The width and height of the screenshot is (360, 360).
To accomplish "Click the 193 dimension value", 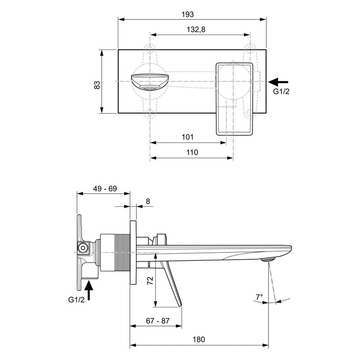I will pyautogui.click(x=187, y=14).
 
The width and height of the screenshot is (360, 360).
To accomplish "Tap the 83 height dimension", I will pyautogui.click(x=97, y=84).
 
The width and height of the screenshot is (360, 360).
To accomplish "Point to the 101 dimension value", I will pyautogui.click(x=187, y=137).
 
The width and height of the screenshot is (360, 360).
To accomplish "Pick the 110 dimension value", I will pyautogui.click(x=192, y=152).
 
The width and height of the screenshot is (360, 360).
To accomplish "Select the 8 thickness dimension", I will pyautogui.click(x=148, y=202).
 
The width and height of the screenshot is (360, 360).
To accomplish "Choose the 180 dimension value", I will pyautogui.click(x=199, y=339).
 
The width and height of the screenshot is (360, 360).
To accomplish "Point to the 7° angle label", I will pyautogui.click(x=259, y=296).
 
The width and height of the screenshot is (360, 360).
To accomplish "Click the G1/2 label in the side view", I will pyautogui.click(x=77, y=300).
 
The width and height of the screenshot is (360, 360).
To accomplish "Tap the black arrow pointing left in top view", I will pyautogui.click(x=279, y=81).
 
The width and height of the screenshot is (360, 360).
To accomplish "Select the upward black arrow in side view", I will pyautogui.click(x=89, y=290).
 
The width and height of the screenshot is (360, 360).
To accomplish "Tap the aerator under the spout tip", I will pyautogui.click(x=269, y=259).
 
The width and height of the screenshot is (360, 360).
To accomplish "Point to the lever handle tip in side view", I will pyautogui.click(x=180, y=305).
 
